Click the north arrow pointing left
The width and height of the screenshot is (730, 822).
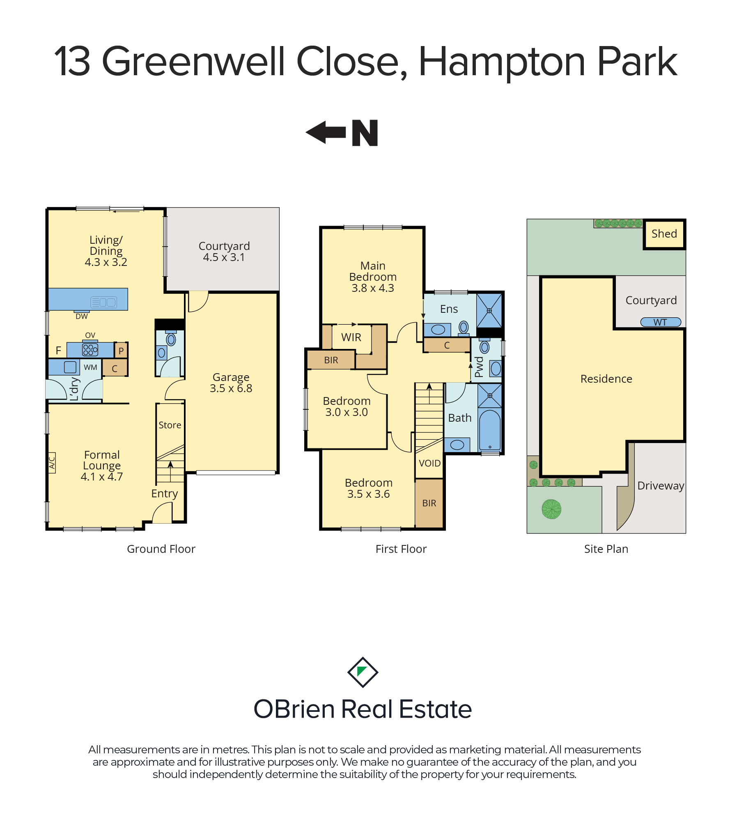pyautogui.click(x=326, y=132)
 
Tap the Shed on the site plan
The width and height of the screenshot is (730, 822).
pyautogui.click(x=664, y=234)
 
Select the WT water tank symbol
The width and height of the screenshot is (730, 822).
pyautogui.click(x=661, y=322)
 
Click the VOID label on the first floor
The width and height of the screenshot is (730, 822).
pyautogui.click(x=429, y=463)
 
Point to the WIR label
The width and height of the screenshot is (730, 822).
pyautogui.click(x=351, y=337)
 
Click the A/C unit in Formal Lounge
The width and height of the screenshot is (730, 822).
pyautogui.click(x=52, y=463)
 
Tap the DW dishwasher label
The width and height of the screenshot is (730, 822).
pyautogui.click(x=81, y=316)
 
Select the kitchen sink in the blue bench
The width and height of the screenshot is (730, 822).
pyautogui.click(x=103, y=302)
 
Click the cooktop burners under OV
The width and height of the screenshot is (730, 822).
pyautogui.click(x=90, y=350)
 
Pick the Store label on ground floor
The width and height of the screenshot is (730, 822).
pyautogui.click(x=170, y=425)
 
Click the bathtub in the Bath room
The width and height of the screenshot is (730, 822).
pyautogui.click(x=490, y=429)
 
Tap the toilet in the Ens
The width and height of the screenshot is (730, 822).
pyautogui.click(x=464, y=328)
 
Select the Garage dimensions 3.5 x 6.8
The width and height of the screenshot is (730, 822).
pyautogui.click(x=231, y=388)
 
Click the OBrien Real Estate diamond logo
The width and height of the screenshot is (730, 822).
pyautogui.click(x=363, y=672)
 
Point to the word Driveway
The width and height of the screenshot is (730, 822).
pyautogui.click(x=661, y=486)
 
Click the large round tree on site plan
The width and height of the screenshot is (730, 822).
pyautogui.click(x=551, y=509)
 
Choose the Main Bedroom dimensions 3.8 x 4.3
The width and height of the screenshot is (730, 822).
pyautogui.click(x=373, y=288)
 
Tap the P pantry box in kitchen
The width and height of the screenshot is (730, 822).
pyautogui.click(x=121, y=351)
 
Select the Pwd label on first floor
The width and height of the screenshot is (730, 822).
pyautogui.click(x=479, y=367)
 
